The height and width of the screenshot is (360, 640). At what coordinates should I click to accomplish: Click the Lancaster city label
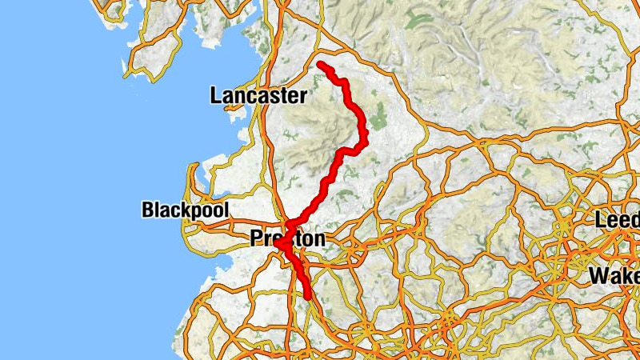[258, 97]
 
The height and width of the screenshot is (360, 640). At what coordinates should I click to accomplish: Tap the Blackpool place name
[185, 210]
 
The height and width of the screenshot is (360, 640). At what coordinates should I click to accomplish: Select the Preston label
[288, 238]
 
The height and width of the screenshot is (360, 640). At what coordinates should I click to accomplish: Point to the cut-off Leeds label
[617, 219]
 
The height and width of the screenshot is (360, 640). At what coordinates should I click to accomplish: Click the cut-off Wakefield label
[614, 276]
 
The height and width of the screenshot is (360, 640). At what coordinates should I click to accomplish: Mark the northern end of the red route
[320, 64]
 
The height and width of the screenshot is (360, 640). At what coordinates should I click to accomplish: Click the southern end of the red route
[308, 298]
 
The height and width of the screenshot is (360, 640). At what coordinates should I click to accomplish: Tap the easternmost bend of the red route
[364, 142]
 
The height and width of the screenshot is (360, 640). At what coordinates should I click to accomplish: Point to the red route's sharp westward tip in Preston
[280, 244]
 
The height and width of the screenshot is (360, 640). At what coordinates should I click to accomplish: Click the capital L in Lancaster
[215, 97]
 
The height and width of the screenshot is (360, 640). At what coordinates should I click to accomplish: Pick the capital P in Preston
[257, 238]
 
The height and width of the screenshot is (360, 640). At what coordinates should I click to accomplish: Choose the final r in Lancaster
[302, 98]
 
